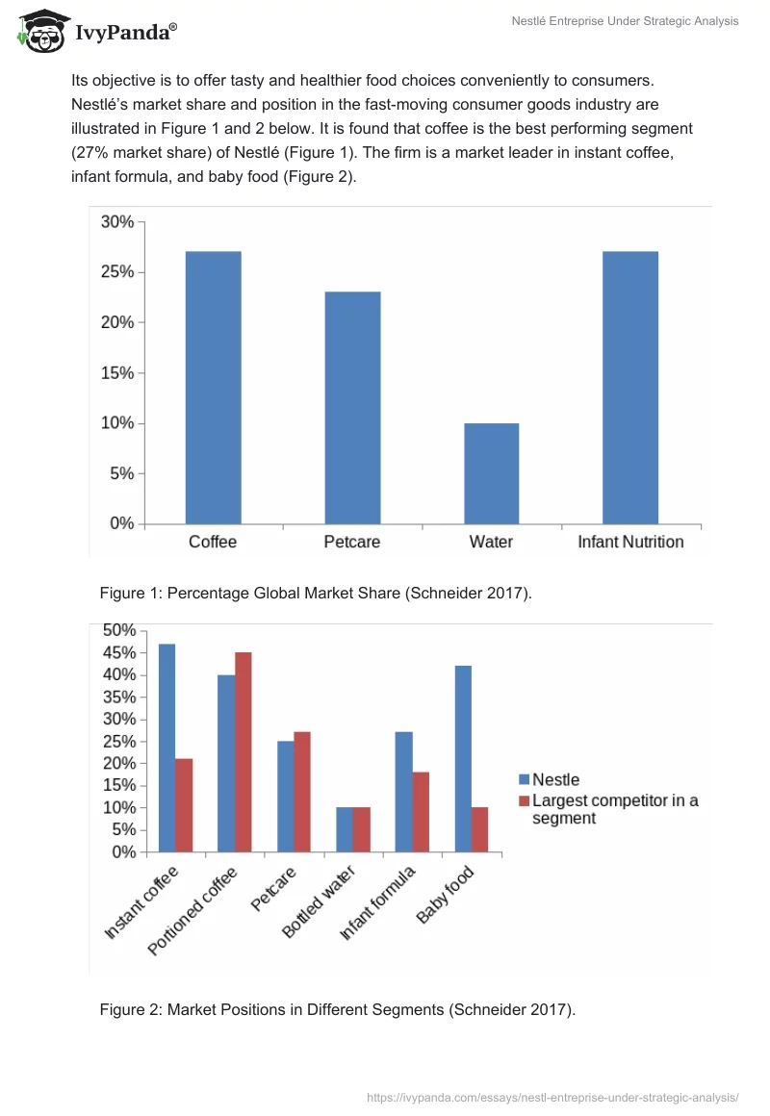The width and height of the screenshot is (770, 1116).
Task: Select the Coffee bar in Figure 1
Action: click(x=213, y=388)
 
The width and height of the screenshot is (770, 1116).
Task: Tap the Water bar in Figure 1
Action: click(x=491, y=473)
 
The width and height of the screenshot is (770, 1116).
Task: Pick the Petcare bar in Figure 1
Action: click(x=352, y=408)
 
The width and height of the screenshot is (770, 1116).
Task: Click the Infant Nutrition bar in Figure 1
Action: click(x=630, y=388)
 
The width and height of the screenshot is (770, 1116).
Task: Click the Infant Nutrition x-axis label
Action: click(x=630, y=542)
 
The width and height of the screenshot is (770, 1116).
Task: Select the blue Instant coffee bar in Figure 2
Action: click(x=167, y=748)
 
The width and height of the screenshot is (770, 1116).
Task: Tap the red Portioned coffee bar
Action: click(x=244, y=751)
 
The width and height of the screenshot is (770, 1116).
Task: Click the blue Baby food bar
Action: click(x=463, y=758)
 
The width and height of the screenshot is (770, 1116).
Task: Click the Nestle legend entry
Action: click(x=550, y=780)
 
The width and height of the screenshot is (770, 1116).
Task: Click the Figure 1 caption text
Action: click(x=316, y=593)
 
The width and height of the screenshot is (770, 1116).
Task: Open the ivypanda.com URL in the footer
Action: click(x=552, y=1097)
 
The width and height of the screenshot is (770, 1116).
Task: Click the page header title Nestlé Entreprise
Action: click(x=625, y=21)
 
